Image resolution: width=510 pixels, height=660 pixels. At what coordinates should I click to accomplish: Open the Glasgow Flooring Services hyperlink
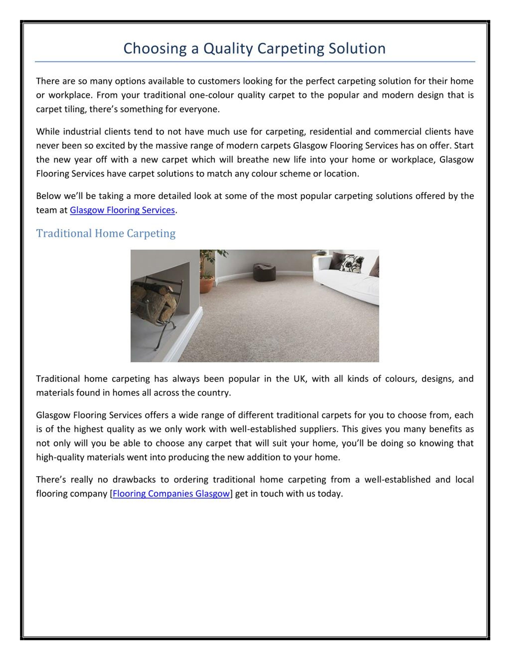point(122,210)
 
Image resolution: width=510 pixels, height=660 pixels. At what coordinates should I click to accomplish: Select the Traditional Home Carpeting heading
point(106,234)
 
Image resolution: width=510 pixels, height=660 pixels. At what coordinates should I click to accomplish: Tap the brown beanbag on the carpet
point(264,272)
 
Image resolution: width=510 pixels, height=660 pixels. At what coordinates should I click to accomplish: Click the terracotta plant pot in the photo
point(207,285)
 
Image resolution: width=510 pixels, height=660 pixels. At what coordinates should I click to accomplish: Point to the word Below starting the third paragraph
point(49,196)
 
